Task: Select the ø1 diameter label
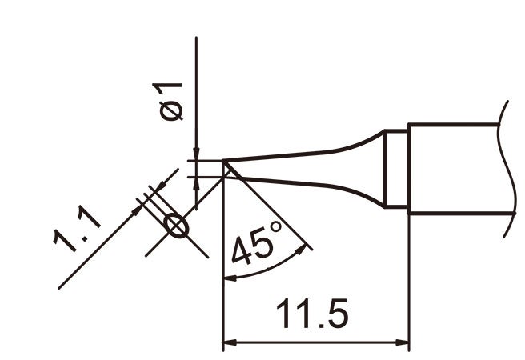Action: point(172,101)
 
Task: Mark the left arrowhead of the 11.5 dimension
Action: point(228,344)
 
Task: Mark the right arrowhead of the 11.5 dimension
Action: point(403,344)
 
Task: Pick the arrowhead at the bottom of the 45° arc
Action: point(228,278)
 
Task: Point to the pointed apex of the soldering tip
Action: point(223,164)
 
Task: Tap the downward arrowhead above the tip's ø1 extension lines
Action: point(196,152)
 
